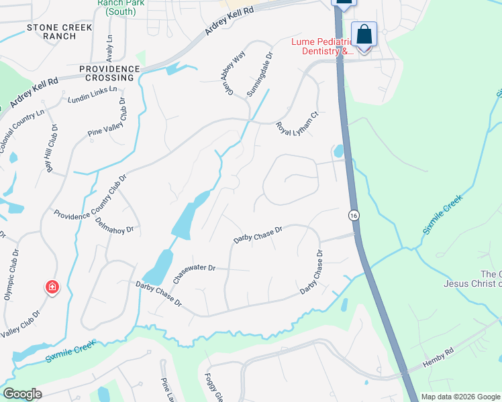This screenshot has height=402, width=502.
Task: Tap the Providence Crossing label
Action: click(109, 73)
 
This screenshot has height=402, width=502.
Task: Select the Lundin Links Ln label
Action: click(93, 94)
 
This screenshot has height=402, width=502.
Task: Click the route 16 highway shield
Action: click(353, 215)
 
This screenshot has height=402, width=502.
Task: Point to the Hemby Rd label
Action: click(439, 360)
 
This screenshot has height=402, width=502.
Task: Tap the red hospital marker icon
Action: click(52, 288)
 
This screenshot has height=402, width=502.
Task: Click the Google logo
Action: click(22, 394)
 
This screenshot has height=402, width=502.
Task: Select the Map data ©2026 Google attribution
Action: click(460, 397)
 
